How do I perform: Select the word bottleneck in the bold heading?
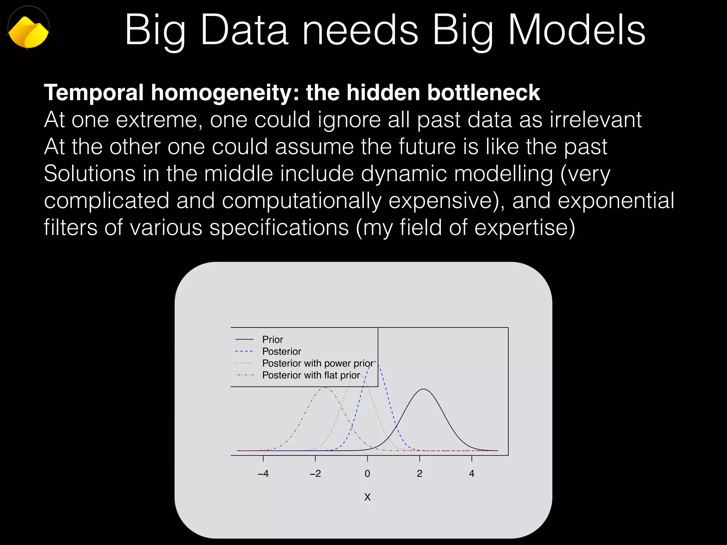483,93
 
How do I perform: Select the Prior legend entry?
272,340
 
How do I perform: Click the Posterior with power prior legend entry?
317,363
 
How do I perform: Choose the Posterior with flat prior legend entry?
311,375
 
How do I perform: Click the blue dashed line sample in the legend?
244,351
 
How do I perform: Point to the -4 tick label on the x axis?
263,473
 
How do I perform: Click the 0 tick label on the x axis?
367,473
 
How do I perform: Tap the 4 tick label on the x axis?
472,473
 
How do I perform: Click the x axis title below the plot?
367,497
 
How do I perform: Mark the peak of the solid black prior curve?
423,389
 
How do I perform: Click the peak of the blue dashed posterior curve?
375,362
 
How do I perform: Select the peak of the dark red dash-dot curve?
325,388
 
